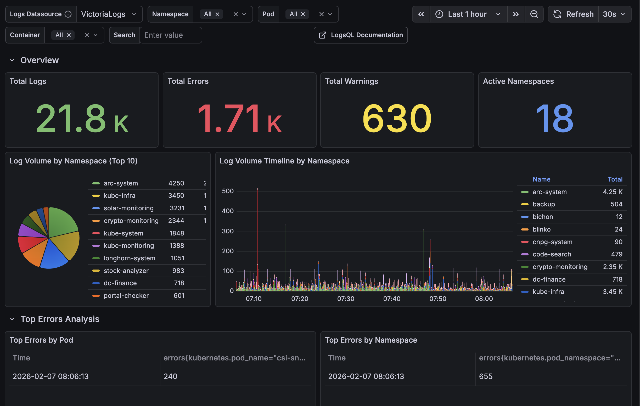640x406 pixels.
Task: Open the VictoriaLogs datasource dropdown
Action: [x=109, y=14]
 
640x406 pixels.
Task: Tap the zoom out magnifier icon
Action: [x=534, y=14]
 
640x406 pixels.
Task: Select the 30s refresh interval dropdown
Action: [x=614, y=14]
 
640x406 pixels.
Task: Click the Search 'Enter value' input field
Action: [x=170, y=35]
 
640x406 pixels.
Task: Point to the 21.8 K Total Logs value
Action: [x=82, y=118]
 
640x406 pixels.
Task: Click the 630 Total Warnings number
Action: [x=397, y=118]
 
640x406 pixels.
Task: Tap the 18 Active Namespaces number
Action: [x=555, y=118]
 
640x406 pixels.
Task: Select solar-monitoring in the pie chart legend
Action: [x=128, y=208]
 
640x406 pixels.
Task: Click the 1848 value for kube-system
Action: [x=176, y=233]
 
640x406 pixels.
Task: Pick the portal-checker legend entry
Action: [x=126, y=295]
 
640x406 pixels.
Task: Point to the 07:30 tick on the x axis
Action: [x=346, y=299]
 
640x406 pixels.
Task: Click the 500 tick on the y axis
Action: [x=228, y=191]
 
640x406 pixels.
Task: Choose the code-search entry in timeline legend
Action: [x=552, y=254]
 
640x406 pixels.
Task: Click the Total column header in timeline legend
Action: [x=615, y=179]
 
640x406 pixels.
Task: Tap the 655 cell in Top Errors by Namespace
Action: [x=486, y=376]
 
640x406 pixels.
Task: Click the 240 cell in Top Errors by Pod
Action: [x=170, y=376]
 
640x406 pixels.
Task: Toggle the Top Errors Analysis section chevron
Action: [x=12, y=319]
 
